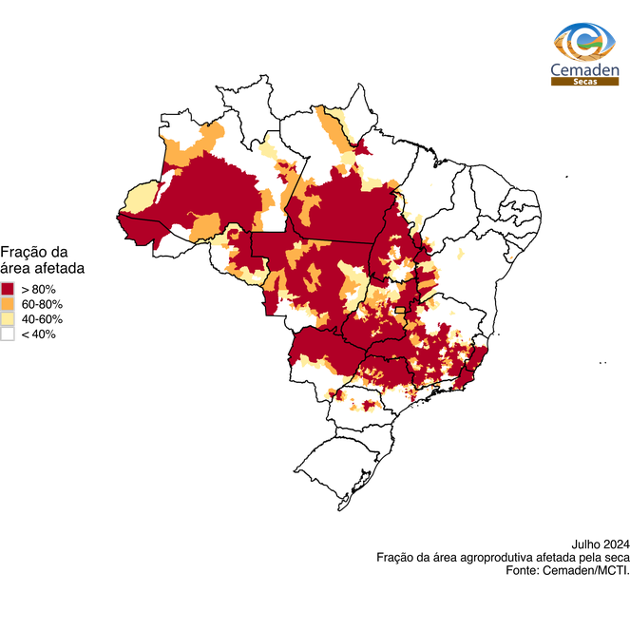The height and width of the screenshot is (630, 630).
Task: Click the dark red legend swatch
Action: tap(7, 288)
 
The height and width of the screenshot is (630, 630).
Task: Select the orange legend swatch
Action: tap(7, 303)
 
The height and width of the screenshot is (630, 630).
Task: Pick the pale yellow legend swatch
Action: tap(7, 319)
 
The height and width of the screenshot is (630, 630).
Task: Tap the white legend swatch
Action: tap(7, 334)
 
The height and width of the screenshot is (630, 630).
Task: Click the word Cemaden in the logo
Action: tap(584, 68)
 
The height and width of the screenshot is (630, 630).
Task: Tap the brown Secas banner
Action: tap(584, 83)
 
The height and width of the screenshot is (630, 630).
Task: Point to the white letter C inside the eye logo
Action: tap(586, 40)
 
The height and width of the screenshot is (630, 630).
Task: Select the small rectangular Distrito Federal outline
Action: tap(401, 311)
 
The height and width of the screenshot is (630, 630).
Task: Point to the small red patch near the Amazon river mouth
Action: tap(364, 146)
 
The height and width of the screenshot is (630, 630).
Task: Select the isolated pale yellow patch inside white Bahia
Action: tap(462, 255)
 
